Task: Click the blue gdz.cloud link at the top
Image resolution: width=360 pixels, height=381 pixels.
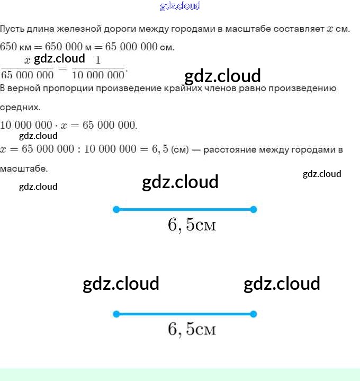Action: coord(180,6)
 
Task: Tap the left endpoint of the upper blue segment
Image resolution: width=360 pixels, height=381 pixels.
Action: coord(116,209)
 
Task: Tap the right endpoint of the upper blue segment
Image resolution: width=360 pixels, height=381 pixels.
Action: coord(253,209)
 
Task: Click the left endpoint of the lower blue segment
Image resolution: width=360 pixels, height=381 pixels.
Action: coord(116,314)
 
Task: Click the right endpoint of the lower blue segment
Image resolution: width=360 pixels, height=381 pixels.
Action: coord(253,314)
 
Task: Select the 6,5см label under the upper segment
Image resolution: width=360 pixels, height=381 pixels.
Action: coord(192,225)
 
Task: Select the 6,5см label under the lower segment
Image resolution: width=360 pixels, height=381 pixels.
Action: coord(192,330)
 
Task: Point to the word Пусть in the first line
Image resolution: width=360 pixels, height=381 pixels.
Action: coord(12,28)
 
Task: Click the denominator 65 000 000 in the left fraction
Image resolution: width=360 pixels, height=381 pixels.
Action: coord(28,75)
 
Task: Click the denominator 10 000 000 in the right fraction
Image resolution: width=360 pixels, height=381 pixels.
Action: coord(98,75)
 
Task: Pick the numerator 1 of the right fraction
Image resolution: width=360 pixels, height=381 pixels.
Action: coord(98,60)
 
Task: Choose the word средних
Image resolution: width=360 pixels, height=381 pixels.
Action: coord(20,107)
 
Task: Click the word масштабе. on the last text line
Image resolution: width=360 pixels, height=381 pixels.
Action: coord(24,169)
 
